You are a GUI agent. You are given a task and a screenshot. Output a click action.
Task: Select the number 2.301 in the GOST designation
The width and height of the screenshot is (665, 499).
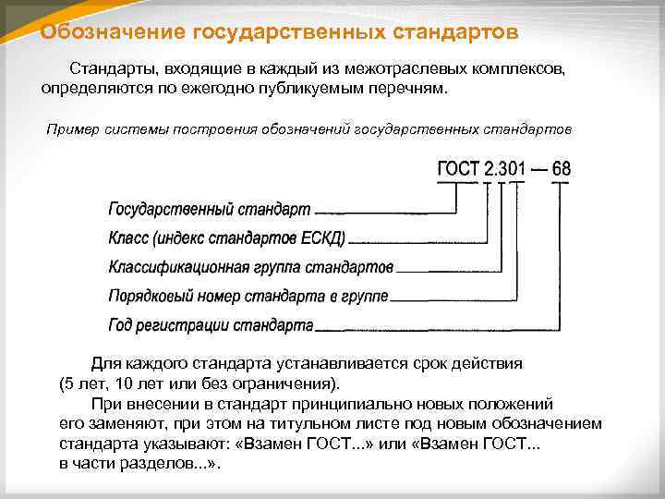click(505, 169)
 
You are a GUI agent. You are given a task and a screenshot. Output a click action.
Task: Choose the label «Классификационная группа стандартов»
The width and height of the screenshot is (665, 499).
click(250, 267)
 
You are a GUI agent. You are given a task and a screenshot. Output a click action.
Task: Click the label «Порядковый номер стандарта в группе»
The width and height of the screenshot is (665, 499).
click(248, 297)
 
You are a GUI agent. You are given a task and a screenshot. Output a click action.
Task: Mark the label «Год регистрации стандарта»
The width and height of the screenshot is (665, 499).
click(211, 326)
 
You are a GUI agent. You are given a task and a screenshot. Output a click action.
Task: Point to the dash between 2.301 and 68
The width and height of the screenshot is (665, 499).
click(538, 170)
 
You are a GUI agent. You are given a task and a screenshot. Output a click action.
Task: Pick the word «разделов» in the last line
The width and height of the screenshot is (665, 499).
click(164, 464)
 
